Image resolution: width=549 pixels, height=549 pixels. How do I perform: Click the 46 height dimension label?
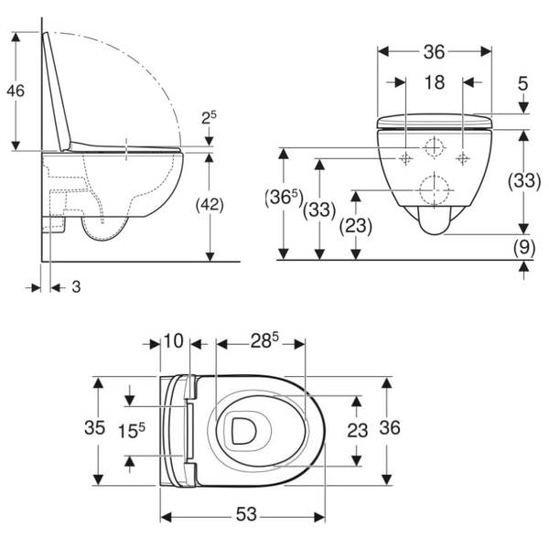pos(16,91)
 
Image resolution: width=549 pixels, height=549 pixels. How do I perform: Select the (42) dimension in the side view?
pos(210,205)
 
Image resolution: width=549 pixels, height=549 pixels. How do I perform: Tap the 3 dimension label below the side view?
pos(76,287)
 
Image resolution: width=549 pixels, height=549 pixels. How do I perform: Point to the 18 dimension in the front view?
pos(435,82)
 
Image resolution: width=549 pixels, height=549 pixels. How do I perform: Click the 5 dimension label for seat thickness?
pos(522,83)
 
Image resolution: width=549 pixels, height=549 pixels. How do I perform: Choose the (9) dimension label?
pos(523,247)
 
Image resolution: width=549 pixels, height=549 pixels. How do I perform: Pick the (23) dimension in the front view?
pos(356,226)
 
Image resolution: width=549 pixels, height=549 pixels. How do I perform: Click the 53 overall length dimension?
pos(246,514)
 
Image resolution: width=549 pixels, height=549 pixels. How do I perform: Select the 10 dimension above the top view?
pos(173,340)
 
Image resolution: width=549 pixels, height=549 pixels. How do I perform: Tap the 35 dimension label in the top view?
pos(94,427)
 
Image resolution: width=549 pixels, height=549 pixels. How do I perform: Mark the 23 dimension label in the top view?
pos(357,430)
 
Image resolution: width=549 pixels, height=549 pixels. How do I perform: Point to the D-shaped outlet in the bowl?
pos(242,431)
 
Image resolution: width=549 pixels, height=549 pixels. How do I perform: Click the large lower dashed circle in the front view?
pos(434,190)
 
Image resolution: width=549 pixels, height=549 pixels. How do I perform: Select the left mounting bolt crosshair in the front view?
pos(405,158)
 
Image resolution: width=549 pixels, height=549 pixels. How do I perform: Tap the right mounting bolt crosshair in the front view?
pos(463,158)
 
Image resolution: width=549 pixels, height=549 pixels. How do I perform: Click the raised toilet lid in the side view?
pos(56,91)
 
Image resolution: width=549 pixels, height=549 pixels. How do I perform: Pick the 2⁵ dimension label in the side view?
pos(209,118)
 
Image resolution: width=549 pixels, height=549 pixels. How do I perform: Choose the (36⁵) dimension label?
pos(284,198)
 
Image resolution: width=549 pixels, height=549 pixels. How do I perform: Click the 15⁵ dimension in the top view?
pos(131,431)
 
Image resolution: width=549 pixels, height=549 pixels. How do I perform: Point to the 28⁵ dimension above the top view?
pos(264,340)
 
